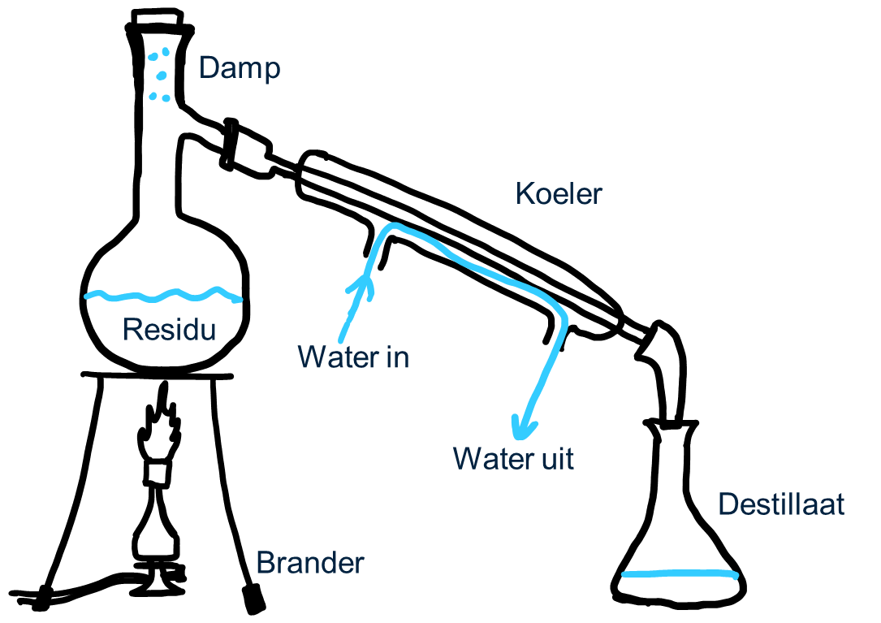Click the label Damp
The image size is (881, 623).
(240, 68)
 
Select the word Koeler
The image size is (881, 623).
(559, 194)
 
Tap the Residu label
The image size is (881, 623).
(170, 330)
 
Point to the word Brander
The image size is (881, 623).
(309, 563)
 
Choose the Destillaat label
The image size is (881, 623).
(781, 504)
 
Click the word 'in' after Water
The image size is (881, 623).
(397, 357)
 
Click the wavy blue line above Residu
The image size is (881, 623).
(162, 294)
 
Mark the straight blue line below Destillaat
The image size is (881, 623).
(680, 574)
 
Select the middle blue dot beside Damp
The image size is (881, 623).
(161, 76)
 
